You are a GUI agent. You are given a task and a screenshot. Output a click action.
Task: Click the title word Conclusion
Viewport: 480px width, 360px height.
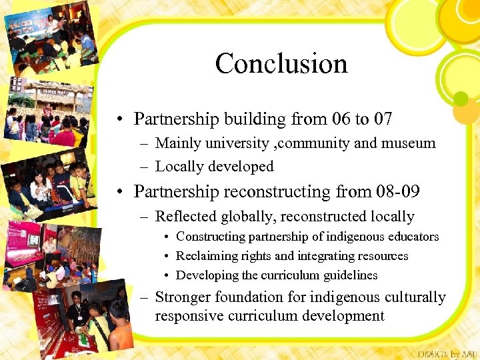point(281,64)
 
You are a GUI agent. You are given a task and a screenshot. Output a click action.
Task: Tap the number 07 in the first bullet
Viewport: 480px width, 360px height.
point(382,119)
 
